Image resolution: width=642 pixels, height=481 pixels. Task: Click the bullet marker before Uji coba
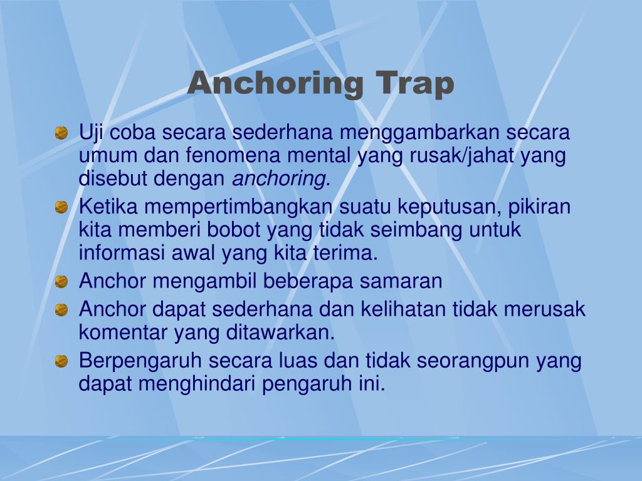tap(61, 133)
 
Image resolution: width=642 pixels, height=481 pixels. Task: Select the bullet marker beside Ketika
tap(61, 207)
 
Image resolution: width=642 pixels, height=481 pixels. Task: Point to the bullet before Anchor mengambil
tap(61, 282)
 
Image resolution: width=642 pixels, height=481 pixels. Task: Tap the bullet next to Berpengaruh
tap(61, 361)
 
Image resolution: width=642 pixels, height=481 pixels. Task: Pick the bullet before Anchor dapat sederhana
tap(61, 309)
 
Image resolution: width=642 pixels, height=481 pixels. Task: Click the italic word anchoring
tap(282, 179)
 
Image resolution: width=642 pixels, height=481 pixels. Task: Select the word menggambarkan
tap(421, 133)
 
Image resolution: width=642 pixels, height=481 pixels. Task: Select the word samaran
tap(401, 282)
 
